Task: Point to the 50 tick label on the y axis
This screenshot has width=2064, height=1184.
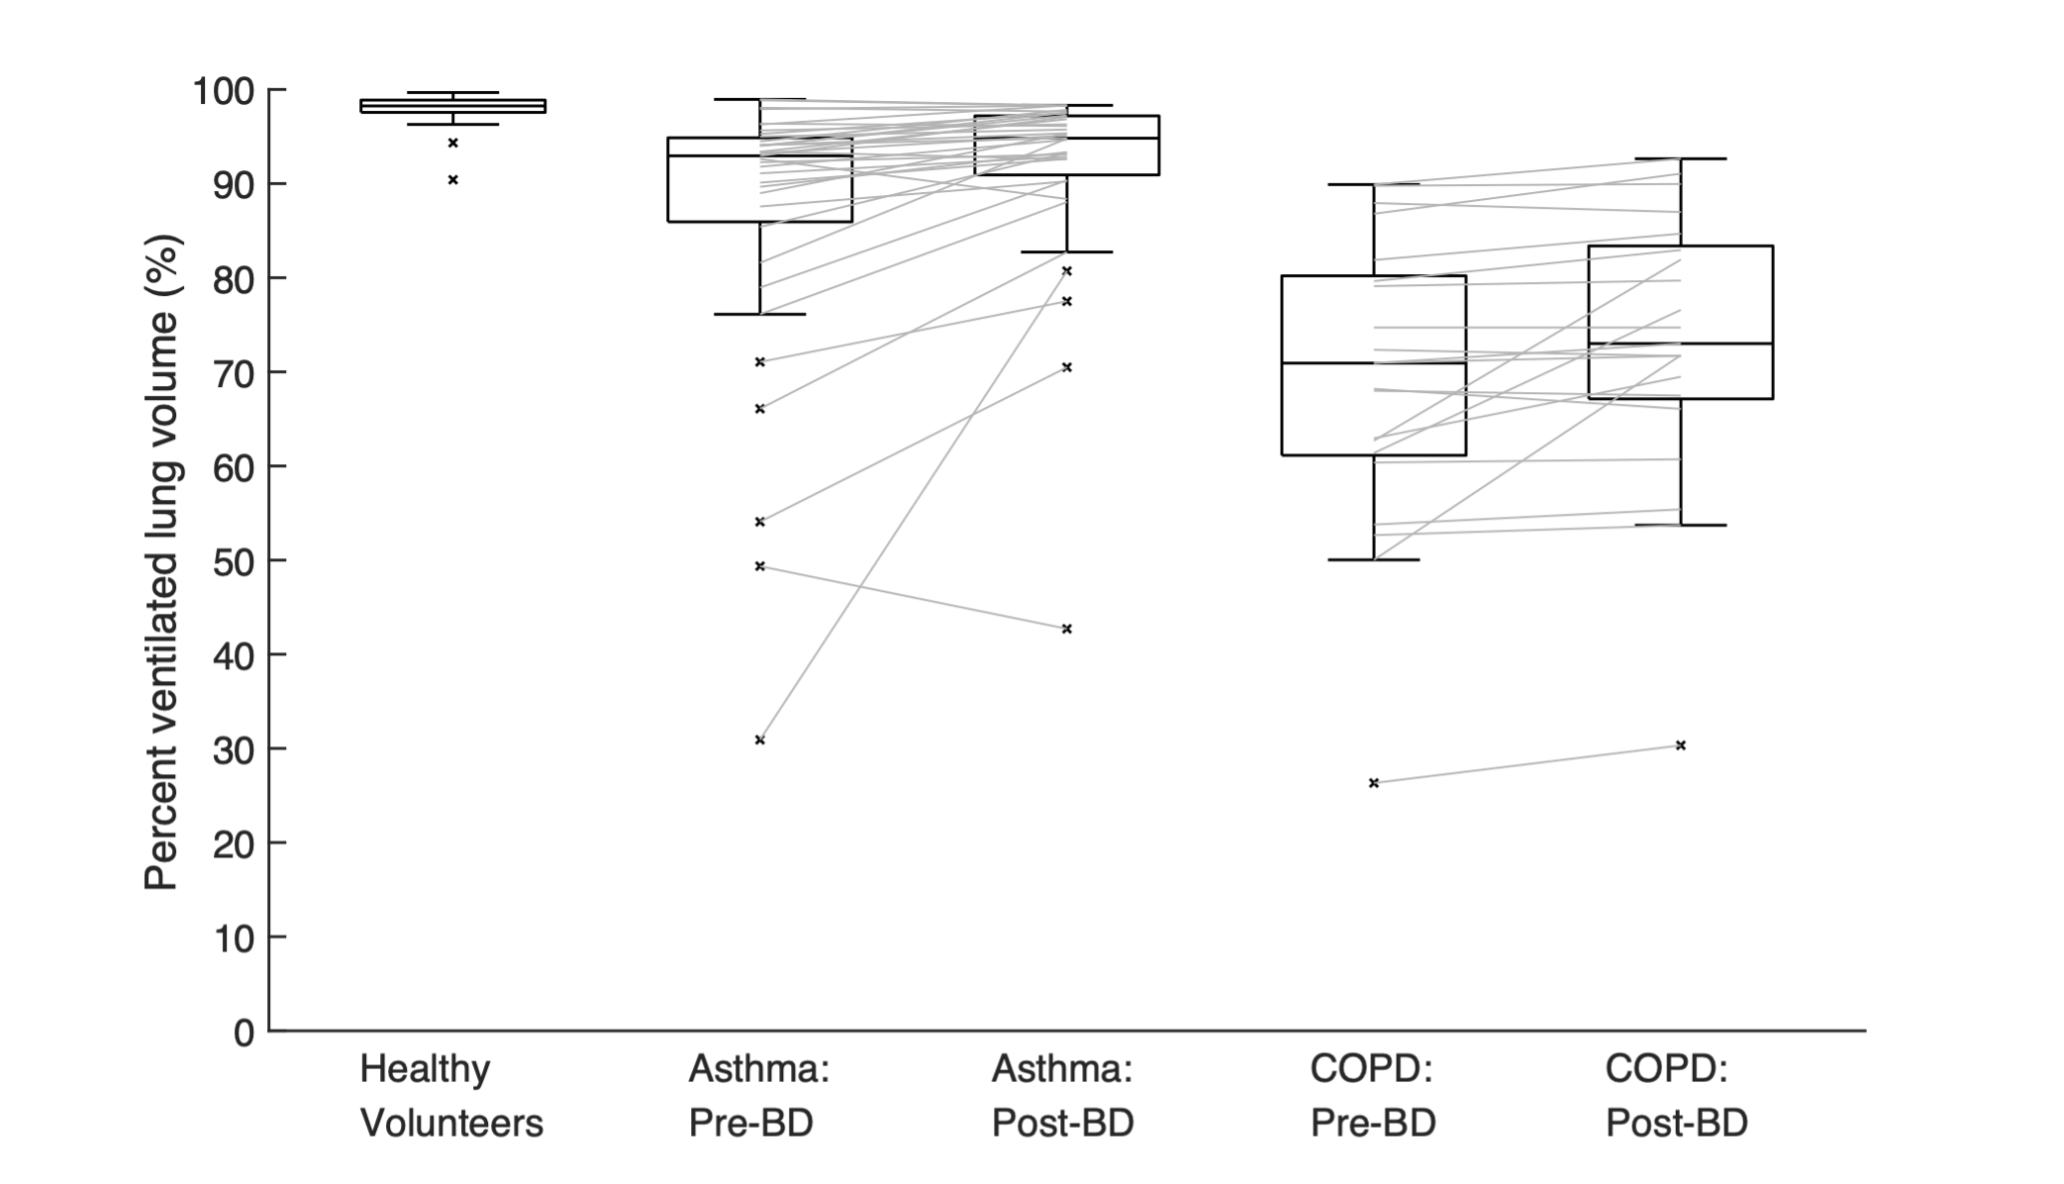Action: tap(235, 561)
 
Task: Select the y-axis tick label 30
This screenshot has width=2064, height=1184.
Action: tap(235, 749)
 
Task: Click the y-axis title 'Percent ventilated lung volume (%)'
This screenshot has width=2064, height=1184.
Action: tap(161, 561)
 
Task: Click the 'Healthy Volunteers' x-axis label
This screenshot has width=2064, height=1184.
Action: tap(451, 1096)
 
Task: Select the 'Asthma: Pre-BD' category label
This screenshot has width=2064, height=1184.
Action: tap(758, 1096)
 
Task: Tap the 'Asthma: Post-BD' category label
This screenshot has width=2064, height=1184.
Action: tap(1063, 1096)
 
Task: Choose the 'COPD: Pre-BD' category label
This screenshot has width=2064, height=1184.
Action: tap(1373, 1096)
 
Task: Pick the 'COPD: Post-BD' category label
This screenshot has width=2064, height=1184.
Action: tap(1677, 1096)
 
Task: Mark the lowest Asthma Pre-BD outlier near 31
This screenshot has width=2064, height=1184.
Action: tap(760, 740)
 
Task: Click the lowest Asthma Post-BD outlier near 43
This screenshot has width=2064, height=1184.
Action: tap(1066, 629)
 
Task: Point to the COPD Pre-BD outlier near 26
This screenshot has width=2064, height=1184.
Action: tap(1373, 783)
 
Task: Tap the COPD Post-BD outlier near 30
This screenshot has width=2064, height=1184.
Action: tap(1680, 745)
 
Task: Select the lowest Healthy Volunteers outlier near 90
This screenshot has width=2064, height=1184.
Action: tap(453, 180)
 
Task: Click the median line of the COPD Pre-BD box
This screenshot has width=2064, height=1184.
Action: tap(1373, 363)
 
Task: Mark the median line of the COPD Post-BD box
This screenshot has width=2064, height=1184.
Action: tap(1680, 344)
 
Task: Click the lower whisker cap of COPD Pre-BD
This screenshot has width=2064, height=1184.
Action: tap(1373, 560)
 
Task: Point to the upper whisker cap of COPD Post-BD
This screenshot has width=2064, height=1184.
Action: tap(1680, 158)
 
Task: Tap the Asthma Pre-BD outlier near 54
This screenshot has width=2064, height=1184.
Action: tap(760, 522)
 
